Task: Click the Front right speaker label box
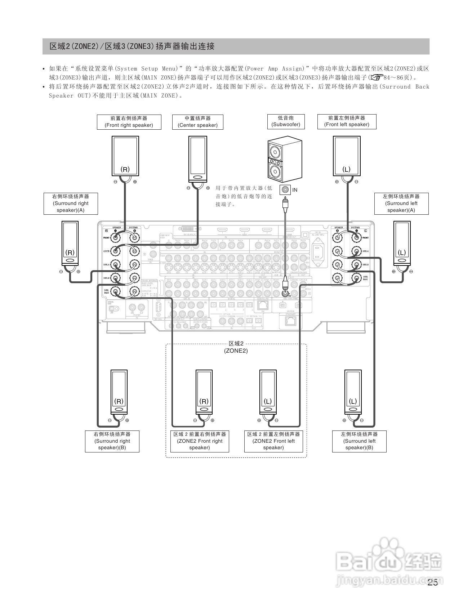click(x=129, y=122)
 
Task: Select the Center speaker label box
click(x=197, y=122)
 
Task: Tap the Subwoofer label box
click(x=286, y=121)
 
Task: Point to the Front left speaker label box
click(x=347, y=121)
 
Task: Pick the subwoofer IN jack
click(x=286, y=189)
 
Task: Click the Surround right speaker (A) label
click(x=71, y=204)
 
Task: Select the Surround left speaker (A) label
click(x=401, y=204)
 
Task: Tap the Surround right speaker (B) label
click(x=112, y=441)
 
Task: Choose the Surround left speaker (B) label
click(x=359, y=441)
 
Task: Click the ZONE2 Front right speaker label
click(x=200, y=441)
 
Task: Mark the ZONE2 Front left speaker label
click(x=273, y=441)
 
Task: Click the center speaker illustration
click(x=197, y=159)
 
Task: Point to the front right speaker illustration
click(x=125, y=156)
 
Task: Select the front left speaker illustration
click(x=347, y=156)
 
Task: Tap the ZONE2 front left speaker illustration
click(x=268, y=392)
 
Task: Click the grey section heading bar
click(x=236, y=46)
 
